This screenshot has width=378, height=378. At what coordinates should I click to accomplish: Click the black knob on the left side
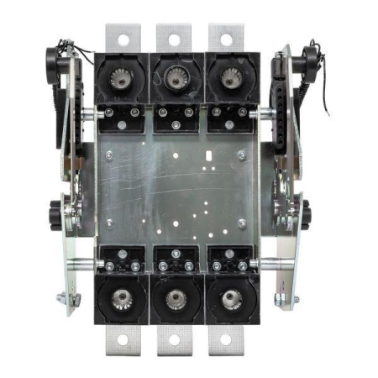tap(60, 206)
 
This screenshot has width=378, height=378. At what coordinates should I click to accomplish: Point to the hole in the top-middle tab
tap(174, 38)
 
